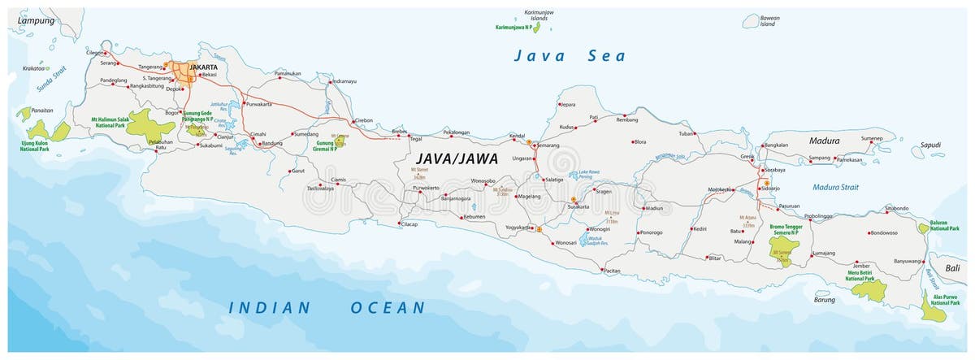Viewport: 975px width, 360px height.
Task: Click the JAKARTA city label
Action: tap(204, 67)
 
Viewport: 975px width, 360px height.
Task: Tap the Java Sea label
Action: tap(569, 56)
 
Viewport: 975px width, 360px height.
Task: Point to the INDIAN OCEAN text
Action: tap(327, 308)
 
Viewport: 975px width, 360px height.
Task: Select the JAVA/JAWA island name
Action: tap(457, 158)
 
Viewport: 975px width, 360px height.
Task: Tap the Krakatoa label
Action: tap(34, 68)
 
